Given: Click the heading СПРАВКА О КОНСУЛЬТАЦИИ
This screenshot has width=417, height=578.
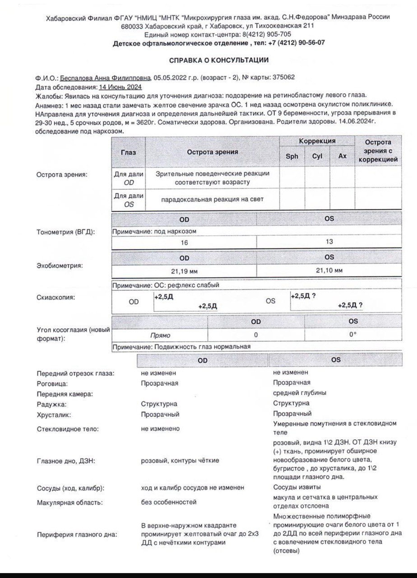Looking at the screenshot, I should click(x=218, y=60).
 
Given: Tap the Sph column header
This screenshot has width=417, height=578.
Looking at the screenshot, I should click(x=292, y=156).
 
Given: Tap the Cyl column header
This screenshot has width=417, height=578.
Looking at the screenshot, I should click(x=317, y=156).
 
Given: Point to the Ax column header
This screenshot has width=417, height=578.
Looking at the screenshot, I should click(x=343, y=156).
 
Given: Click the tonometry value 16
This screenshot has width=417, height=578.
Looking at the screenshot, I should click(x=184, y=242).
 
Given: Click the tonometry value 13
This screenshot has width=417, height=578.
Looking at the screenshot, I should click(x=329, y=242).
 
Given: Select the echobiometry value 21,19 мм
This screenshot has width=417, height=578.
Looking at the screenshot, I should click(x=184, y=271).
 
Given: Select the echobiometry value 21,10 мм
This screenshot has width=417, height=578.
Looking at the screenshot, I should click(x=329, y=270).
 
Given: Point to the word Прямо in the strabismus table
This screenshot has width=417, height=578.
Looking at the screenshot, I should click(x=160, y=336).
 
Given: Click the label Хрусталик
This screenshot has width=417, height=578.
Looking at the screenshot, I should click(x=51, y=415).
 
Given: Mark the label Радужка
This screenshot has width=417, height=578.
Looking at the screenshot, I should click(x=50, y=404).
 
